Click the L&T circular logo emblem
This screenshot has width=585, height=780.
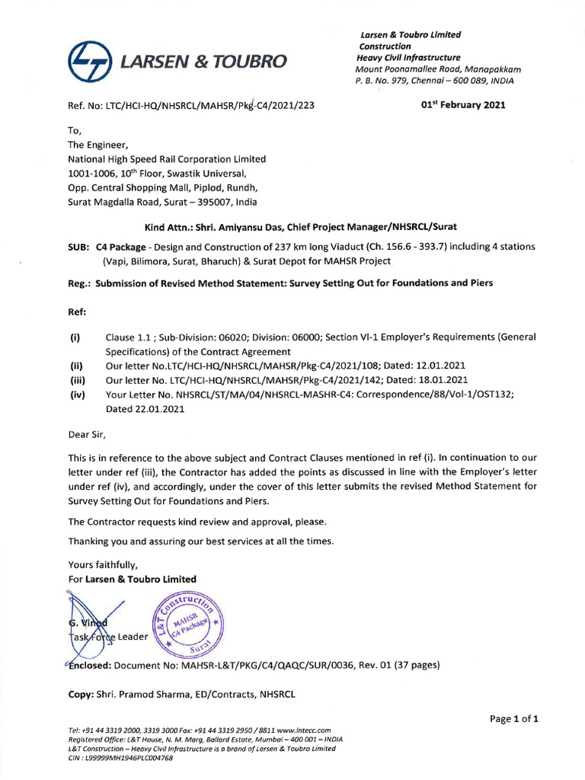88,60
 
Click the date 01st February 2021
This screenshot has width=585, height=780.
463,105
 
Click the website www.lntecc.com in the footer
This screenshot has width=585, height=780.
299,730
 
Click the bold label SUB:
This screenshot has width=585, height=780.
79,247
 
